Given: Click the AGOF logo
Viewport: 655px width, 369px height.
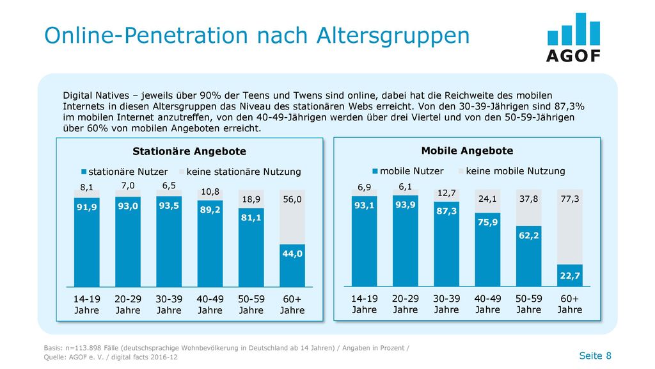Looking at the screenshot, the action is (x=574, y=38).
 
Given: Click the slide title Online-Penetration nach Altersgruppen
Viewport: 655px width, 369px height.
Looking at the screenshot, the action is (x=257, y=36).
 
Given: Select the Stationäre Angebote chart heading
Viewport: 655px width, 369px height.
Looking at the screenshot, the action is (x=189, y=151).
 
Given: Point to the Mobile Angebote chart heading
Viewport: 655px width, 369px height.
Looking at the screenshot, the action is (x=467, y=151).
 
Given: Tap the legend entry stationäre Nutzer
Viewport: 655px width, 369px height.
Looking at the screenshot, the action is (x=125, y=172).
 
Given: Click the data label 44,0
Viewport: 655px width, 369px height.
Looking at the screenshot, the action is (x=292, y=254).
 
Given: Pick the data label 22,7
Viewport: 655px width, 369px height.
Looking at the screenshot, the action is (x=570, y=275).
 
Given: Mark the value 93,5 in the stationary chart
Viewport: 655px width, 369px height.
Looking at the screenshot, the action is (x=169, y=206).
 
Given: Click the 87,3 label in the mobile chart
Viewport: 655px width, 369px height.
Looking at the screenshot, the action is (x=446, y=211).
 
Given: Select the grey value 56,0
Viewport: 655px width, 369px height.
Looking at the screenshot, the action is (x=292, y=200).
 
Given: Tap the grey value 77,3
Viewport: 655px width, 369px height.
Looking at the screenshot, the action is (x=570, y=199).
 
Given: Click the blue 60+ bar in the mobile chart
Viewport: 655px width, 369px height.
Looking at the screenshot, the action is (x=570, y=275).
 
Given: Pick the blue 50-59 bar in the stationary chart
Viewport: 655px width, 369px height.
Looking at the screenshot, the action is (x=251, y=248).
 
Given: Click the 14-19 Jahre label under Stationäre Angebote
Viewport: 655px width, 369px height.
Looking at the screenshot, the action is (x=87, y=304).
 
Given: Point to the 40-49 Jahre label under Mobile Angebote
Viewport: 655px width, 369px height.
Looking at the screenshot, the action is (x=487, y=304).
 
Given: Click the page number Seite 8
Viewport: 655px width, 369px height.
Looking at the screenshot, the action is (x=595, y=356).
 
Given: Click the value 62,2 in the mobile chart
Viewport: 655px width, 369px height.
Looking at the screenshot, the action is (x=529, y=236).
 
